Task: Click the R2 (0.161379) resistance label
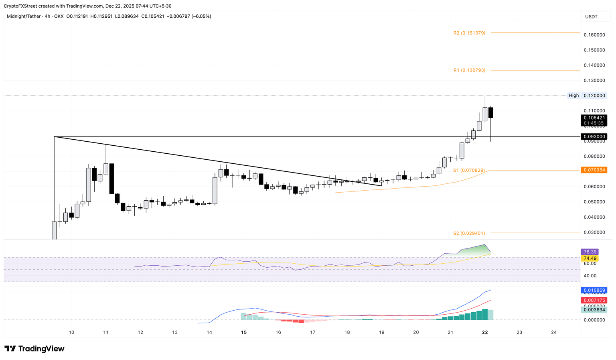pyautogui.click(x=469, y=33)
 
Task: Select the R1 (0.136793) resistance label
pyautogui.click(x=469, y=70)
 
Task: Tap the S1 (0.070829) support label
pyautogui.click(x=469, y=170)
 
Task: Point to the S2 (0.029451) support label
pyautogui.click(x=469, y=233)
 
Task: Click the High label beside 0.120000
pyautogui.click(x=573, y=96)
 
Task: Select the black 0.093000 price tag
pyautogui.click(x=594, y=136)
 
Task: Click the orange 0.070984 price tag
pyautogui.click(x=594, y=170)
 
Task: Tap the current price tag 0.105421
pyautogui.click(x=594, y=118)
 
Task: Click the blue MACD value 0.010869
pyautogui.click(x=594, y=290)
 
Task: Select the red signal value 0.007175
pyautogui.click(x=594, y=300)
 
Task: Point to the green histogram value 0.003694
pyautogui.click(x=594, y=310)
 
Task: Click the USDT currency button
pyautogui.click(x=592, y=16)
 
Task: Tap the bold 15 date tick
pyautogui.click(x=244, y=332)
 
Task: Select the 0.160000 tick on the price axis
pyautogui.click(x=594, y=35)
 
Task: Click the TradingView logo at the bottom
pyautogui.click(x=34, y=348)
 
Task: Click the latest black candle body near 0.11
pyautogui.click(x=491, y=112)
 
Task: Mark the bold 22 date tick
pyautogui.click(x=485, y=332)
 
